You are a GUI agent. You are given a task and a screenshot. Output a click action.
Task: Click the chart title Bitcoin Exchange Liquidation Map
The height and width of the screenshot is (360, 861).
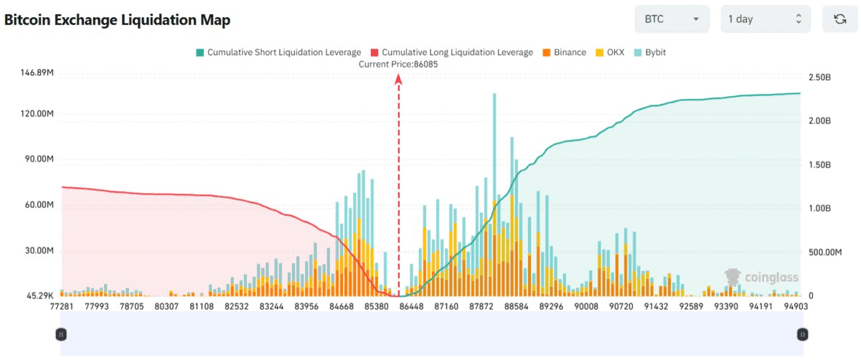click(x=118, y=20)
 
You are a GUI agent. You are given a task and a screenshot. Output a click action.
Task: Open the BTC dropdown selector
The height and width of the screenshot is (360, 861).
click(x=672, y=19)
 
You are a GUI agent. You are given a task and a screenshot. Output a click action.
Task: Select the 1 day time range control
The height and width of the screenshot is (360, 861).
click(x=765, y=19)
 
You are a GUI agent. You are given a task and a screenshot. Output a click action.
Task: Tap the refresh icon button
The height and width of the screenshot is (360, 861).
click(x=839, y=19)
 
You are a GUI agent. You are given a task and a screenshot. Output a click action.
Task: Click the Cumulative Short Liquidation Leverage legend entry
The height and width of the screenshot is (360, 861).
click(x=278, y=52)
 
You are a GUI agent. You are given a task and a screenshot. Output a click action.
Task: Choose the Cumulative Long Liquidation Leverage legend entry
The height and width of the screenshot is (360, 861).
click(x=451, y=52)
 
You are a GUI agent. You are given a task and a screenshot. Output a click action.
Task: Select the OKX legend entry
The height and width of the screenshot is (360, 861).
click(x=611, y=52)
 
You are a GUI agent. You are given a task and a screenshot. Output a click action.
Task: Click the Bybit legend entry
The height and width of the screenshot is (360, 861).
click(x=650, y=52)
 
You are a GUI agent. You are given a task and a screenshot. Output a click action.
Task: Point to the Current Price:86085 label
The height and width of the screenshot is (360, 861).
click(x=398, y=64)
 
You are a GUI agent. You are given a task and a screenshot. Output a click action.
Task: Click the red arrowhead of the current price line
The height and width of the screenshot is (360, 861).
click(x=398, y=80)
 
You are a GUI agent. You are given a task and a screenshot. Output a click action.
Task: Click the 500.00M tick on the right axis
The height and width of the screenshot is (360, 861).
click(x=824, y=252)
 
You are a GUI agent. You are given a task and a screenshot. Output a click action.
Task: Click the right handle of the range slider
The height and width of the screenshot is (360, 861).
click(x=802, y=333)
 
